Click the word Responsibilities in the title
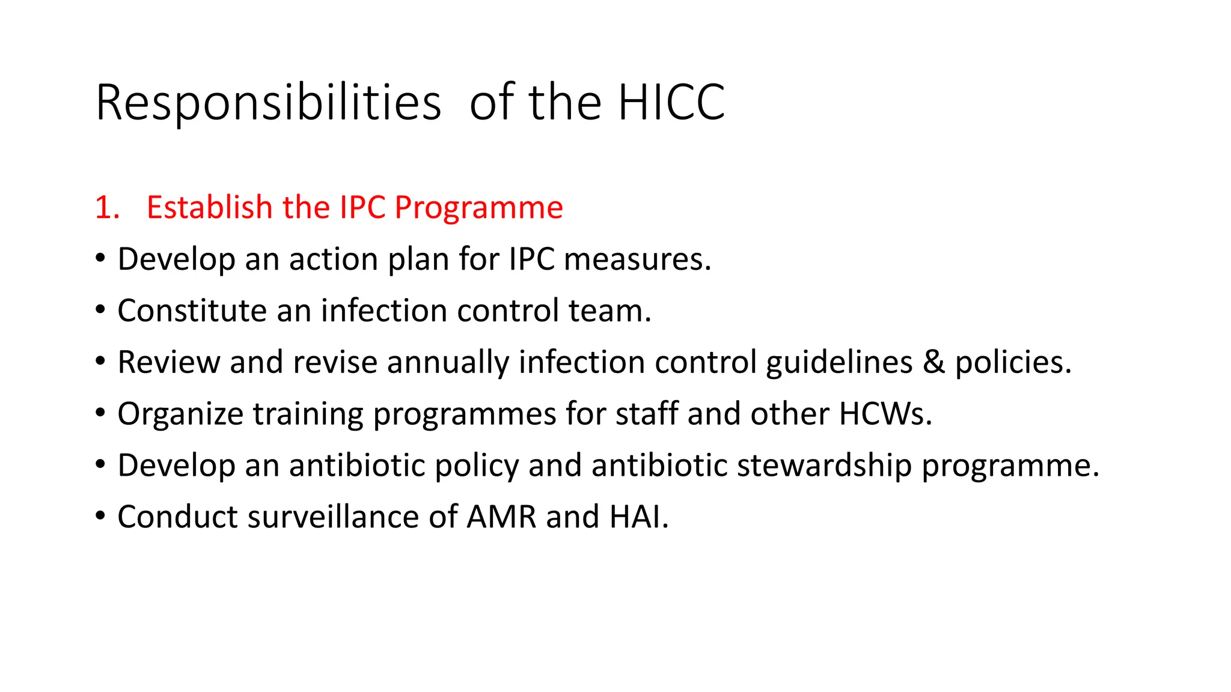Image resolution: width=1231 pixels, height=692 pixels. point(268,103)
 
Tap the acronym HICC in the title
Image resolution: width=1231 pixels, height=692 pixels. point(671,103)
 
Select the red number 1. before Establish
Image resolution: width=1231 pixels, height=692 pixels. point(108,208)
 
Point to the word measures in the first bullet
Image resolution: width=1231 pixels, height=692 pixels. point(637,259)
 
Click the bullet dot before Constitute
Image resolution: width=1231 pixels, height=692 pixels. point(100,311)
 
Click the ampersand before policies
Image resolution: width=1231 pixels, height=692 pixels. point(933,362)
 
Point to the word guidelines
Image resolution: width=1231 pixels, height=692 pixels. point(839,363)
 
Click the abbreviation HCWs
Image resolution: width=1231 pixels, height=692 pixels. point(885,414)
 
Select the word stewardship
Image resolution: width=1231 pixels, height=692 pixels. point(824,466)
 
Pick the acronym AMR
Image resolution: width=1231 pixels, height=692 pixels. point(501,517)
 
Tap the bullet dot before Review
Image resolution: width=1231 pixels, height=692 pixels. point(100,362)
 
